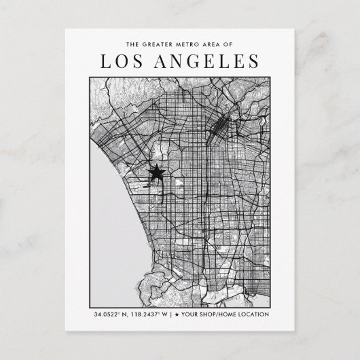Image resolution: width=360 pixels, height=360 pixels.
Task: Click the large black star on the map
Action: (x=156, y=173)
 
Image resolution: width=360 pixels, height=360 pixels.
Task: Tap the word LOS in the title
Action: (x=122, y=62)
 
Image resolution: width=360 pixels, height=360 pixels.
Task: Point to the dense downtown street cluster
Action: (x=221, y=126)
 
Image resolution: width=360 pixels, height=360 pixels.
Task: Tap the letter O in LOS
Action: (x=122, y=62)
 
